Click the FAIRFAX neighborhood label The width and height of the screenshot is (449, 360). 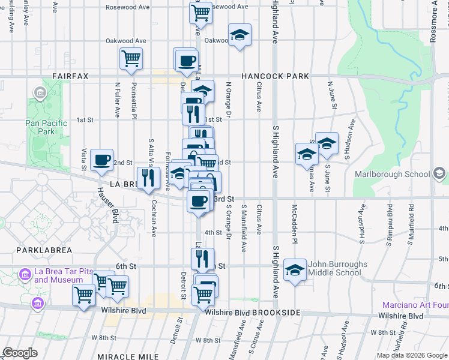tap(70, 76)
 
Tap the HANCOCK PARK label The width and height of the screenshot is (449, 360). tap(275, 76)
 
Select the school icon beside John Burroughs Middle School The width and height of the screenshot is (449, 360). tap(295, 270)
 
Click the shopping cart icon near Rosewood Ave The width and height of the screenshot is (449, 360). tap(201, 11)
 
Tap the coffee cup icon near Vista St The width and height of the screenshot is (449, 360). tap(102, 160)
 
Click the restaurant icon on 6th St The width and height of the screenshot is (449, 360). tap(202, 259)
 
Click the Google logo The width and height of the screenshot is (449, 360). tap(20, 353)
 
